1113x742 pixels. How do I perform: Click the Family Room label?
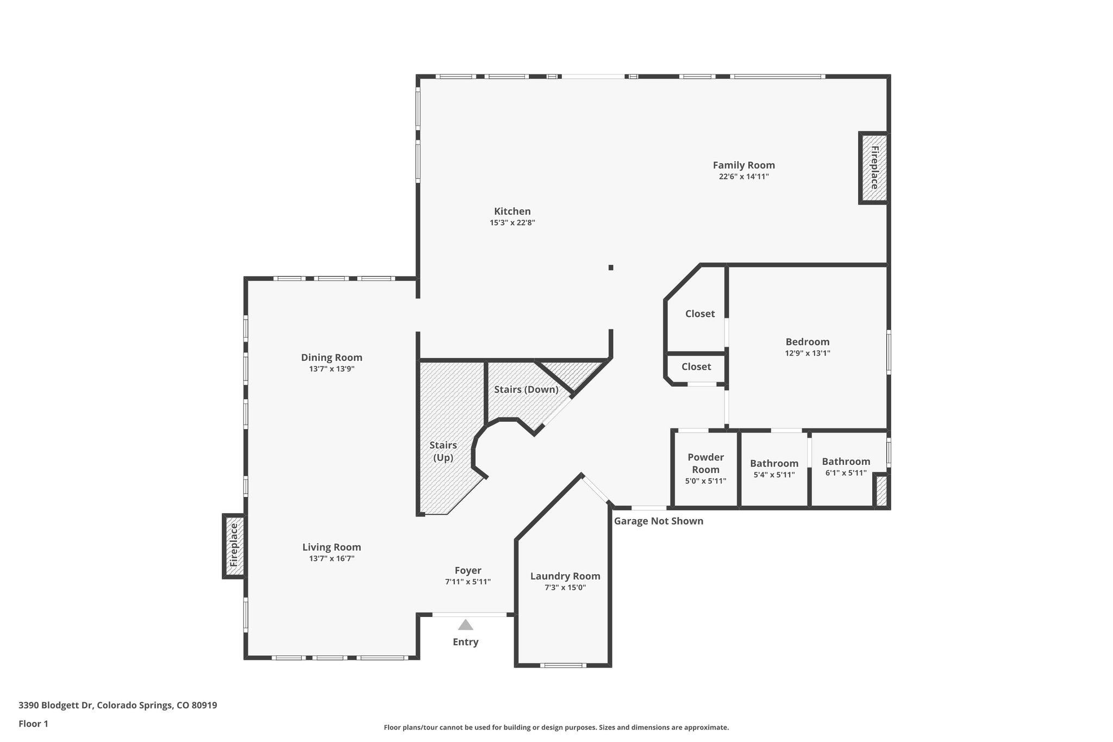(x=743, y=165)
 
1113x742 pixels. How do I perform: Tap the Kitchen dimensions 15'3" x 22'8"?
(x=512, y=222)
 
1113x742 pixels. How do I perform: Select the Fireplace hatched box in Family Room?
(x=873, y=168)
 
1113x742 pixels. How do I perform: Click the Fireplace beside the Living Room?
(x=234, y=545)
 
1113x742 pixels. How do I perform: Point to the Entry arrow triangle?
(x=465, y=625)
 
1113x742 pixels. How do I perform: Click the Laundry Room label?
(x=565, y=576)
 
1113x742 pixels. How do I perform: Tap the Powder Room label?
(x=705, y=463)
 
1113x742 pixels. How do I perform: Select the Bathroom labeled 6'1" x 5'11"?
(x=846, y=462)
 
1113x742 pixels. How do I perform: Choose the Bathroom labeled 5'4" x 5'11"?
(x=774, y=464)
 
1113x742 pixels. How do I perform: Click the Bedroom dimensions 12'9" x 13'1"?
(x=807, y=353)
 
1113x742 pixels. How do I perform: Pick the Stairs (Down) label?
(x=526, y=389)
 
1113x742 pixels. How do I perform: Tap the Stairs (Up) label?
(x=443, y=451)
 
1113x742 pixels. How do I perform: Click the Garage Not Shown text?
(x=658, y=521)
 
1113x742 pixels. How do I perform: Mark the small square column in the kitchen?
(x=611, y=267)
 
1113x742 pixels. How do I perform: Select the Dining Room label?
(x=332, y=358)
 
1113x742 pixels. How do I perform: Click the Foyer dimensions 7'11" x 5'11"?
(x=467, y=582)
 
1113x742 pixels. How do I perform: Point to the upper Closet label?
(x=699, y=314)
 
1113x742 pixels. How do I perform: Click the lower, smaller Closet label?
(x=696, y=367)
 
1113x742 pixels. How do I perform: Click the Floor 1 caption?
(x=33, y=724)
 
